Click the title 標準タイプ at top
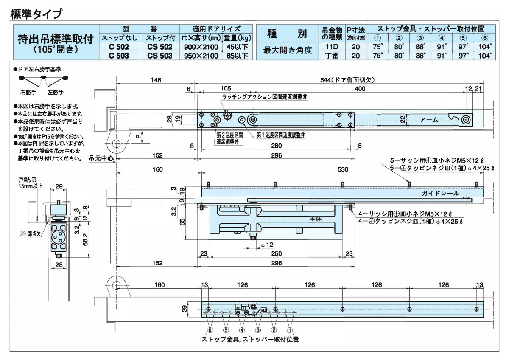36,14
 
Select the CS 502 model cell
160,47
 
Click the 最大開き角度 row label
287,51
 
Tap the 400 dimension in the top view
360,89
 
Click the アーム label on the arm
428,120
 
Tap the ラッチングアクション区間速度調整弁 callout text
265,97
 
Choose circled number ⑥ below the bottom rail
210,329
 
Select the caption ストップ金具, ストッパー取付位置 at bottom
250,340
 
